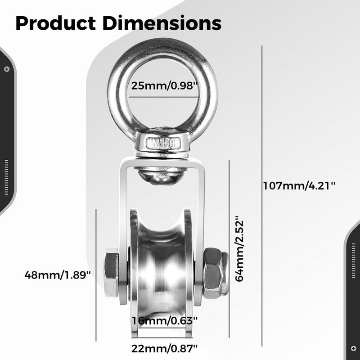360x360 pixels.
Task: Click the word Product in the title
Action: pyautogui.click(x=55, y=23)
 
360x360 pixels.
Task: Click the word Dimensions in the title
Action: pyautogui.click(x=162, y=23)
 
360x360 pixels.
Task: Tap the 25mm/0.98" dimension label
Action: pyautogui.click(x=164, y=86)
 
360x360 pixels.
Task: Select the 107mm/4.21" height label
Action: pyautogui.click(x=299, y=185)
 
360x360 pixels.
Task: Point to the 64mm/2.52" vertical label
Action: pyautogui.click(x=239, y=248)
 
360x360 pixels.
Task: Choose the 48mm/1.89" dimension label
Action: pyautogui.click(x=58, y=274)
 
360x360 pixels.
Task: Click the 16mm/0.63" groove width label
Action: pyautogui.click(x=165, y=320)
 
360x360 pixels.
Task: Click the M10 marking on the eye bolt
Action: pyautogui.click(x=163, y=144)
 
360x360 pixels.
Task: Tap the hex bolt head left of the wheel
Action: pyautogui.click(x=111, y=273)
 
